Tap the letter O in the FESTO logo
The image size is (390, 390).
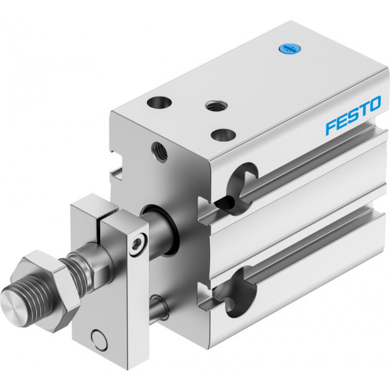click(374, 104)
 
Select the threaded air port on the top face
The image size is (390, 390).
click(216, 106)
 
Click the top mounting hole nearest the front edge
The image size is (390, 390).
click(159, 103)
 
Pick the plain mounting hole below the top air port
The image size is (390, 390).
click(223, 135)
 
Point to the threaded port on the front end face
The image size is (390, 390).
click(159, 152)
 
